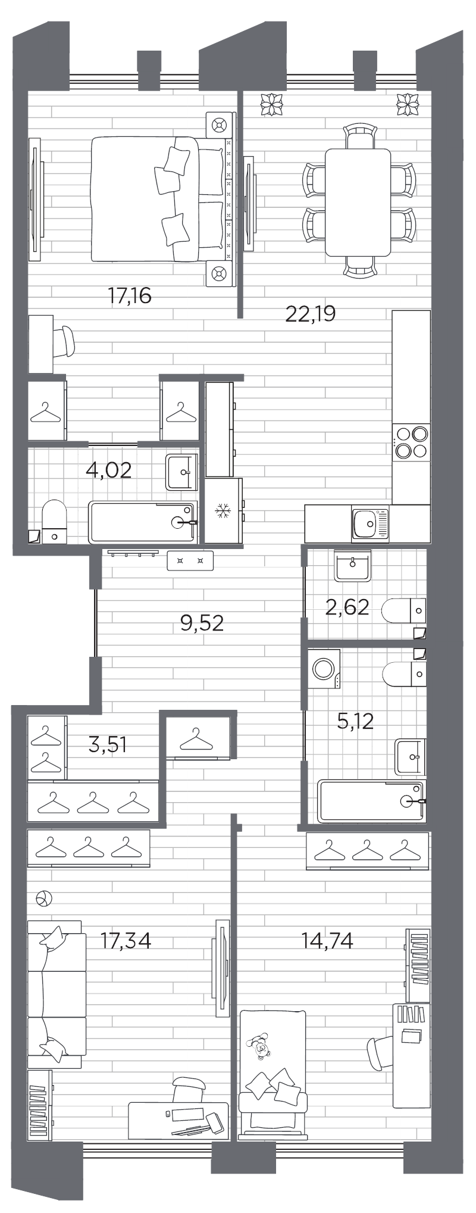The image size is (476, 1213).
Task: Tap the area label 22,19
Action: pyautogui.click(x=310, y=313)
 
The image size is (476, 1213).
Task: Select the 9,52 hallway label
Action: pyautogui.click(x=202, y=623)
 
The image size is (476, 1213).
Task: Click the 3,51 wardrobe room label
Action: pyautogui.click(x=108, y=744)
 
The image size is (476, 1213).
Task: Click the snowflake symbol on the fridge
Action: pyautogui.click(x=223, y=510)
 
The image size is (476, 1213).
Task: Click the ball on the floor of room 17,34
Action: pyautogui.click(x=45, y=899)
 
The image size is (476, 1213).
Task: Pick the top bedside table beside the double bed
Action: pyautogui.click(x=218, y=124)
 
